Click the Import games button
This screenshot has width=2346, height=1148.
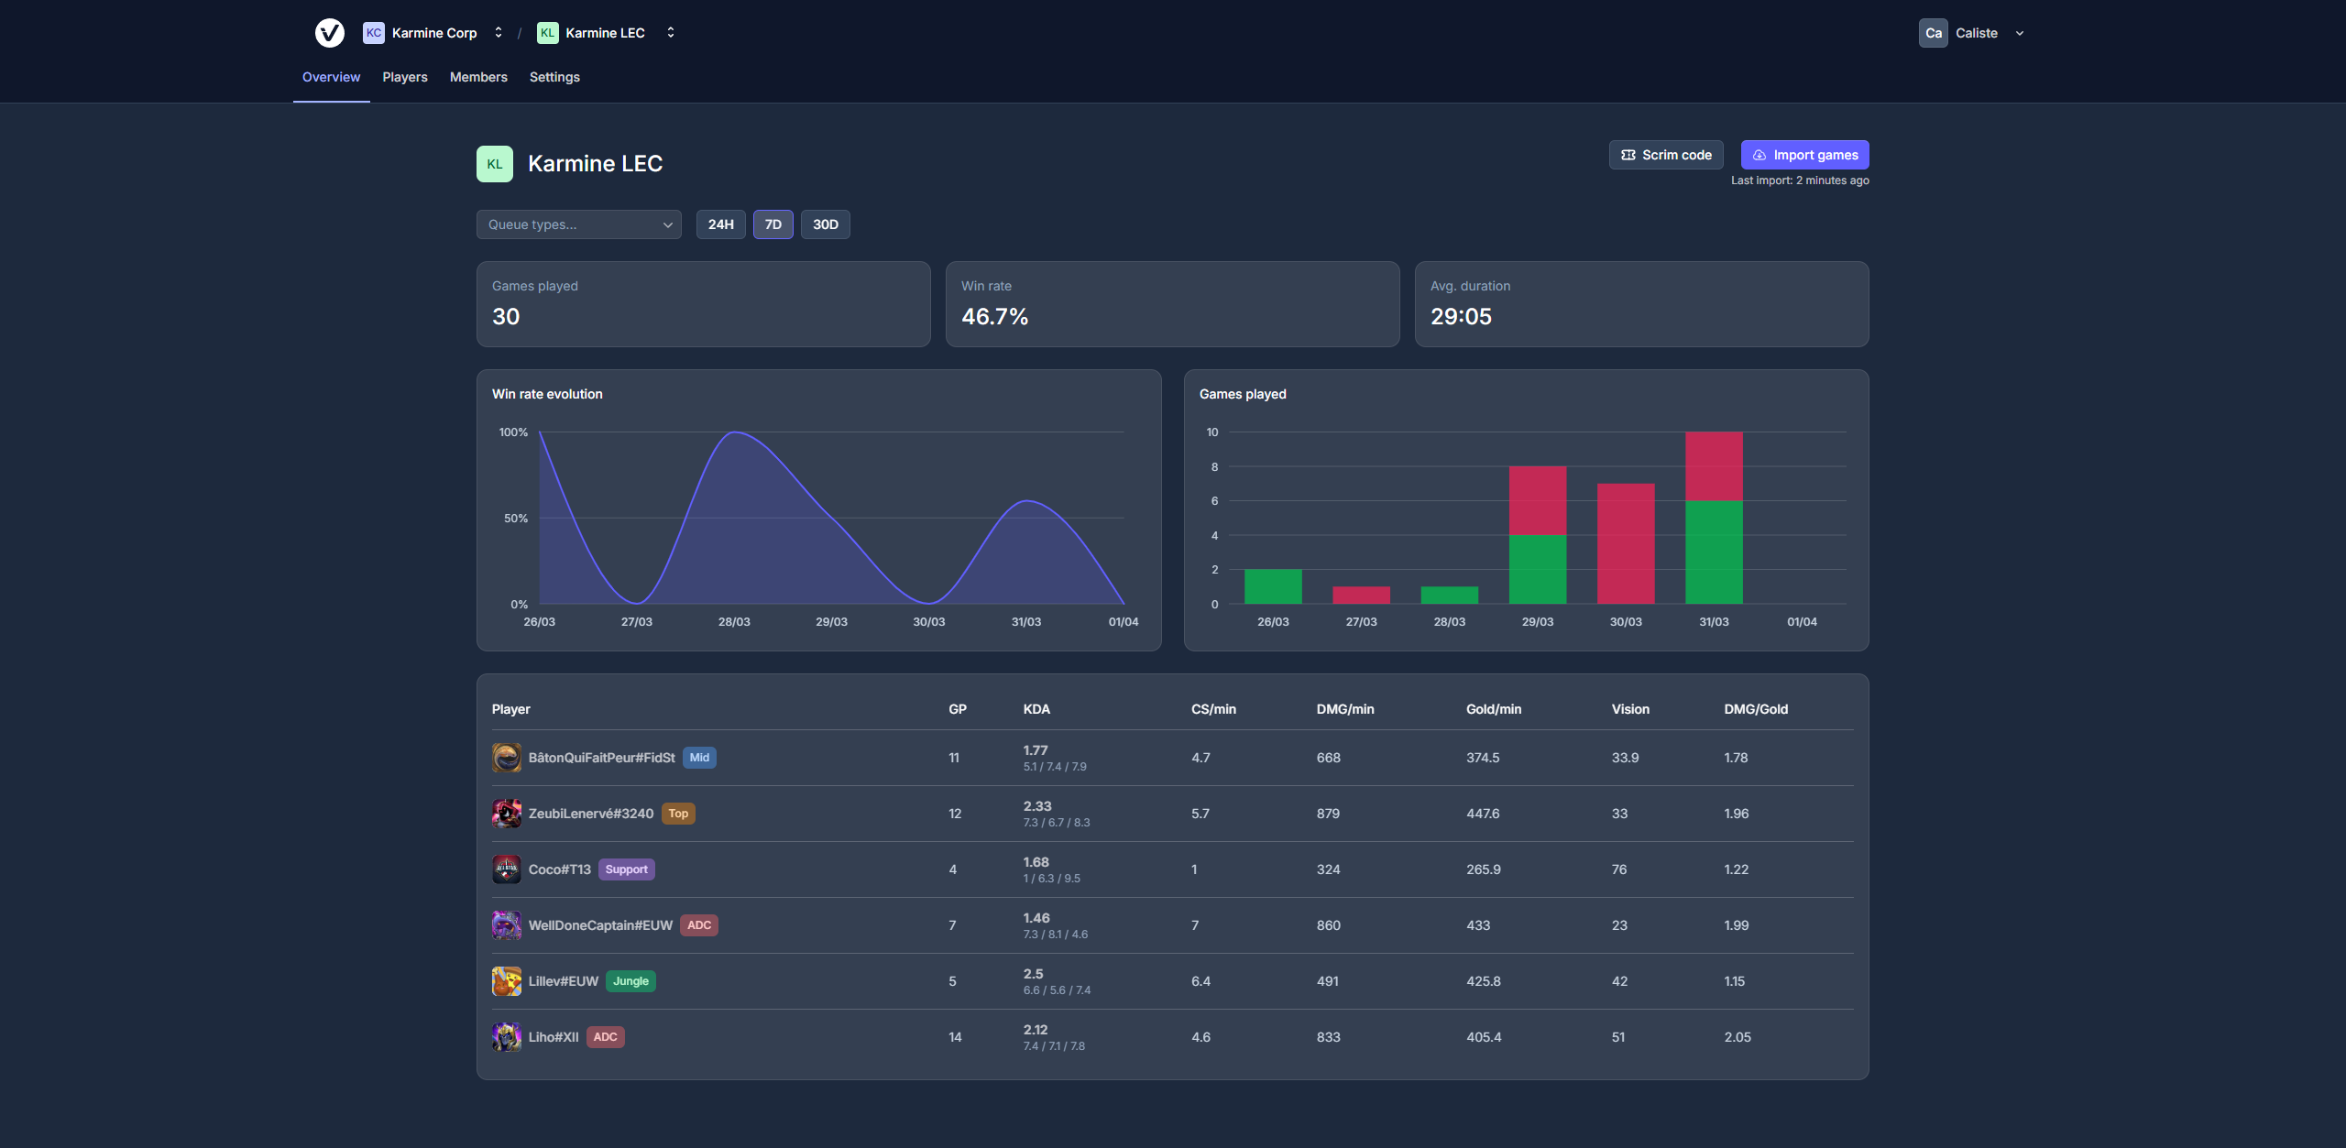[1804, 155]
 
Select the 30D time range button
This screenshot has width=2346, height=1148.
[825, 224]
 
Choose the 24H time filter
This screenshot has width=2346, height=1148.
[720, 224]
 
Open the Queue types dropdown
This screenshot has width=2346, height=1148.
[578, 224]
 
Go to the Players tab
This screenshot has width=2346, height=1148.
[404, 77]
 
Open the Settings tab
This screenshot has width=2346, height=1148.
[554, 77]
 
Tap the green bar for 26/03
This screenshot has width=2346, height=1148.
[1272, 586]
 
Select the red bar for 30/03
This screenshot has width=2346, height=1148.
[1625, 543]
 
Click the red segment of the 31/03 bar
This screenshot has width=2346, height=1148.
[1713, 465]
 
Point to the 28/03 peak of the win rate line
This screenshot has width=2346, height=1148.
[736, 432]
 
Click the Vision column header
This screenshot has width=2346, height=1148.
[1629, 709]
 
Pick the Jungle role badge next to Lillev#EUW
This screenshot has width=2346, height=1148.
[630, 981]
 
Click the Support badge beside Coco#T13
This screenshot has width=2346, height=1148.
[626, 869]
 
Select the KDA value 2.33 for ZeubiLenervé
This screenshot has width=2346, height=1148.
[1036, 806]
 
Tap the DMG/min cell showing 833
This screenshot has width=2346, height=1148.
[1328, 1037]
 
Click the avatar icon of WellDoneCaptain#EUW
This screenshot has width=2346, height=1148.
[506, 925]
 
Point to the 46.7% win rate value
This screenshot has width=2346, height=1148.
[994, 316]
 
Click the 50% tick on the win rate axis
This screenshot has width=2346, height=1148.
[515, 519]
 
